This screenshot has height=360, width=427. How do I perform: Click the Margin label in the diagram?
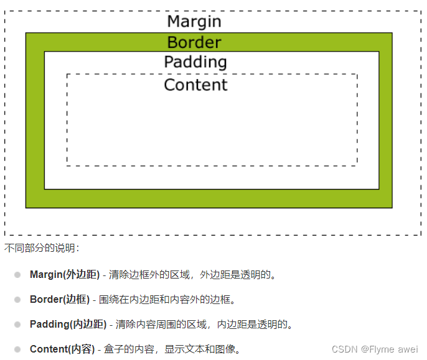[194, 21]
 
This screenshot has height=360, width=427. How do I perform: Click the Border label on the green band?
[194, 42]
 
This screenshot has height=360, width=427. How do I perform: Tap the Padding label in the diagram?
[195, 62]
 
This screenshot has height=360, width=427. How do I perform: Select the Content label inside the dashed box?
[195, 85]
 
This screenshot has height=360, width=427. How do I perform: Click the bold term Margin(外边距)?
[65, 274]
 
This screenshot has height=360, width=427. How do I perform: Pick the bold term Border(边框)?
[60, 299]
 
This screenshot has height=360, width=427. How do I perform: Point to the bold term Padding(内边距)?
[68, 324]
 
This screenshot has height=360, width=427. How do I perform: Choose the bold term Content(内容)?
[62, 349]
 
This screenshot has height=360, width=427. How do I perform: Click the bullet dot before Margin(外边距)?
[17, 274]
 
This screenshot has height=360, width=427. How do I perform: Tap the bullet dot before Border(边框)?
[17, 299]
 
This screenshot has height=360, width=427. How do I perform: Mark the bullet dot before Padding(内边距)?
[17, 324]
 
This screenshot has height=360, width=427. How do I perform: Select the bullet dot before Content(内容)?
[17, 349]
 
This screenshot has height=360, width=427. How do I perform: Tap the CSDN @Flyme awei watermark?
[375, 349]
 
